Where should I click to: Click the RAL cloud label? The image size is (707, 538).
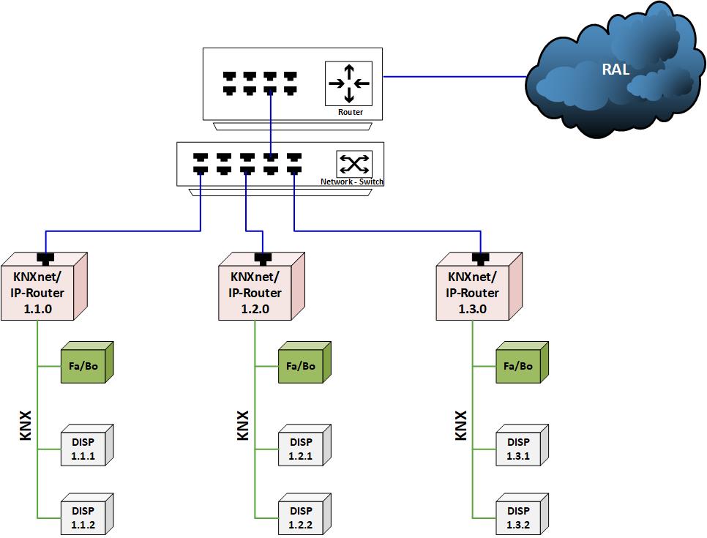616,70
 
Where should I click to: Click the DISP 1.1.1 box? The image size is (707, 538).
82,449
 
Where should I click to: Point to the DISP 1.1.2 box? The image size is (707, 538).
82,518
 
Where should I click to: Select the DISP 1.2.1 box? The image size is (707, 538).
300,449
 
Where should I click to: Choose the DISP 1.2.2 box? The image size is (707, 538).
300,518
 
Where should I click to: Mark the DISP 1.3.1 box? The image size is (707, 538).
517,449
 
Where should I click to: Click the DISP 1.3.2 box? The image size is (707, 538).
517,518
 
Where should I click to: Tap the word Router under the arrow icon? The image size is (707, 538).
350,113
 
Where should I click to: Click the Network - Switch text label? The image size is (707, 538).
352,182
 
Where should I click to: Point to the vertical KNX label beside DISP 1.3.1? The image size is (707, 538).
461,425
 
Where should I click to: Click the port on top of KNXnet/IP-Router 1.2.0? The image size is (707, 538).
263,257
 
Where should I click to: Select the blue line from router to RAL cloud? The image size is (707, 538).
454,75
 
